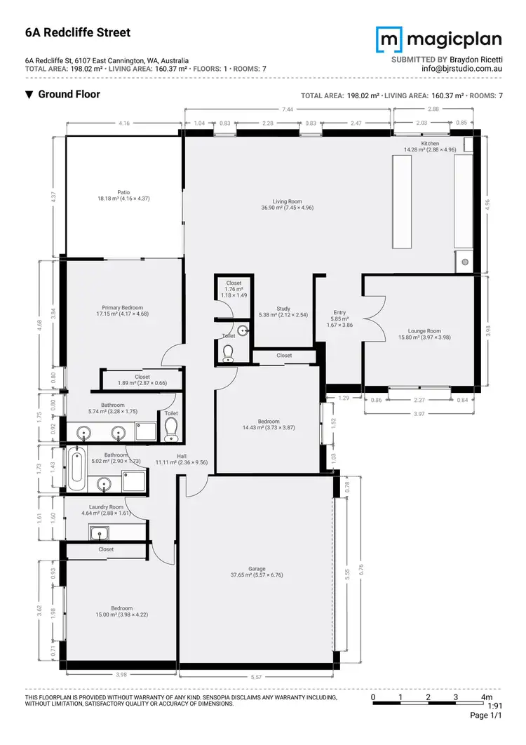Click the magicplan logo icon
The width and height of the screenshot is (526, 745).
pyautogui.click(x=388, y=39)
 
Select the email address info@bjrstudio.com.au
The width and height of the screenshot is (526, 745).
pyautogui.click(x=461, y=69)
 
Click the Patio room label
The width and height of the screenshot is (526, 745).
pyautogui.click(x=123, y=192)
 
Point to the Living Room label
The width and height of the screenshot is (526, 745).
pyautogui.click(x=287, y=201)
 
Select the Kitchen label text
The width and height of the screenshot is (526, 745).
pyautogui.click(x=430, y=143)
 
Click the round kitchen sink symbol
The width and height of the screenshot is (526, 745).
pyautogui.click(x=464, y=264)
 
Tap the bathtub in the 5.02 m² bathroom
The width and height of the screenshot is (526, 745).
pyautogui.click(x=76, y=469)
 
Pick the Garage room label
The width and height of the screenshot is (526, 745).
pyautogui.click(x=255, y=568)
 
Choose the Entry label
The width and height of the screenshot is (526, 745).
pyautogui.click(x=340, y=314)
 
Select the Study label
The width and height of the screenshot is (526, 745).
pyautogui.click(x=283, y=309)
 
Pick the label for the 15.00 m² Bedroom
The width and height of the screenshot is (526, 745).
pyautogui.click(x=121, y=608)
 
